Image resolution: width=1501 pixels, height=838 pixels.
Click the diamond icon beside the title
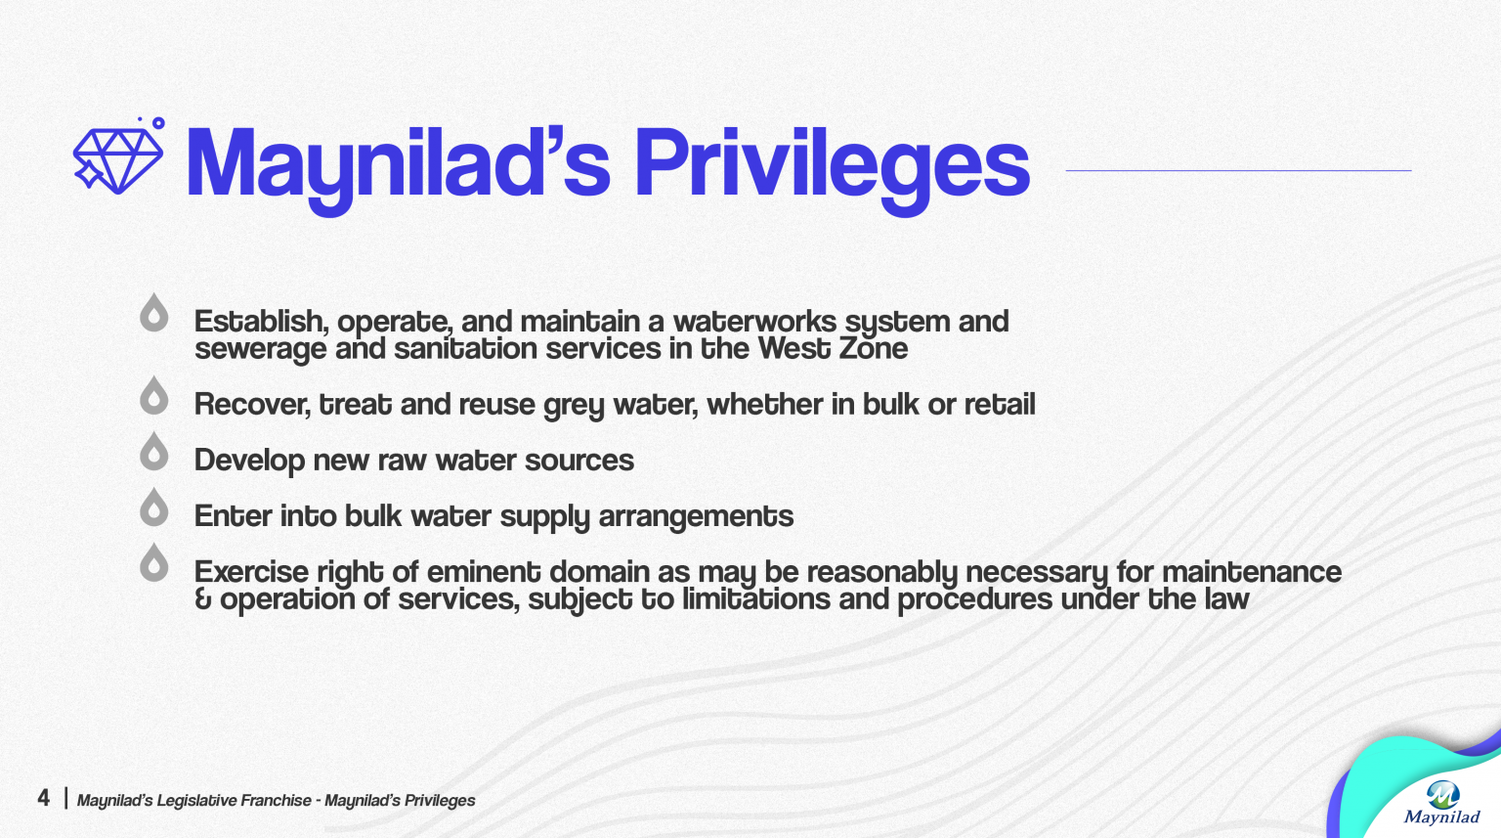[x=118, y=159]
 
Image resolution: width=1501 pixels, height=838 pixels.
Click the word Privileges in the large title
[x=832, y=163]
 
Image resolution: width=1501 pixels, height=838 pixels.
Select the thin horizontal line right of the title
[x=1238, y=170]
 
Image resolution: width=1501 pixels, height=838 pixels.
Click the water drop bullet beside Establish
[x=153, y=314]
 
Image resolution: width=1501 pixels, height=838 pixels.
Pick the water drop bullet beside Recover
[x=153, y=396]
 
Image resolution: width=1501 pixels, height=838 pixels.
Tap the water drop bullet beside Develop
[x=153, y=452]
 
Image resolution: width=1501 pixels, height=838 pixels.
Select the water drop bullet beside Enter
[x=153, y=507]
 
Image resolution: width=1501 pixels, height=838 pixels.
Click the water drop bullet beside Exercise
[x=153, y=563]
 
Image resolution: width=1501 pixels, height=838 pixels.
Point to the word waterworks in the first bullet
[x=754, y=321]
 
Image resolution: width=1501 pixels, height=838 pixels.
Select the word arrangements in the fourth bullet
[x=695, y=516]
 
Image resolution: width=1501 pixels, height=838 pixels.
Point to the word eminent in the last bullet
[x=484, y=571]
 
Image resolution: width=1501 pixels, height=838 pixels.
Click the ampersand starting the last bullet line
[x=203, y=599]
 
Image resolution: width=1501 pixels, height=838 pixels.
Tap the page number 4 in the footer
[x=43, y=798]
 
